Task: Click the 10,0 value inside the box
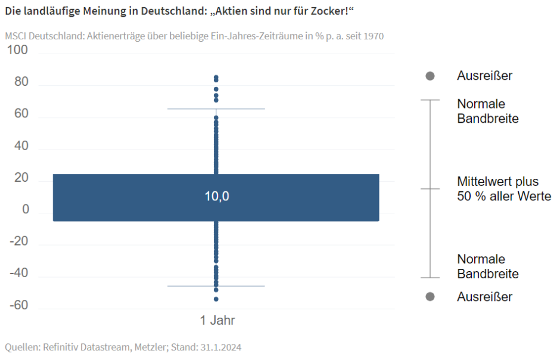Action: [216, 197]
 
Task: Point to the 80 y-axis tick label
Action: [21, 82]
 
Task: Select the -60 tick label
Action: [18, 306]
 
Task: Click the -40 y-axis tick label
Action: [18, 273]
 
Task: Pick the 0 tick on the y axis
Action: [26, 210]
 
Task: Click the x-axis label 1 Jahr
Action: [217, 321]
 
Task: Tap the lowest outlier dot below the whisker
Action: [216, 299]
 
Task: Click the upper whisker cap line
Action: [216, 109]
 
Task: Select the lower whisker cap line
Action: [216, 286]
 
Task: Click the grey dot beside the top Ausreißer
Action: [430, 76]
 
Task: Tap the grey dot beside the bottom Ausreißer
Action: [430, 297]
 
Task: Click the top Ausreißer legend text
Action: [484, 76]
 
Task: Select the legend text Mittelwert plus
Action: [497, 181]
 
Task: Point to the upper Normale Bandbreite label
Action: [487, 111]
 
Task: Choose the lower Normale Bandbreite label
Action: [487, 266]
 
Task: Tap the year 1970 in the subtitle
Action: [373, 36]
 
